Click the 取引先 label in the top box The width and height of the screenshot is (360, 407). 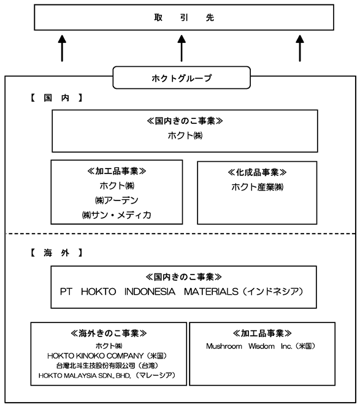[184, 17]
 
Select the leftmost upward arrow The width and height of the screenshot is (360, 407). [62, 48]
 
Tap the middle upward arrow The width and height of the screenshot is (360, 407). [182, 48]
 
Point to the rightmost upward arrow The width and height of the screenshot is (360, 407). [300, 48]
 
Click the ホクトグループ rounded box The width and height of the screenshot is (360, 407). [182, 78]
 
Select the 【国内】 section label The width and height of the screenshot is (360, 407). [56, 98]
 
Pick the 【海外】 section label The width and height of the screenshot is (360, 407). [56, 253]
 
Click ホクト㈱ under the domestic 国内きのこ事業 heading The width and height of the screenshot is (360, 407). [185, 135]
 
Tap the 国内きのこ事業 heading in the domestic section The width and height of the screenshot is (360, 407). [185, 121]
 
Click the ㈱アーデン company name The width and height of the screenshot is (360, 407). [117, 200]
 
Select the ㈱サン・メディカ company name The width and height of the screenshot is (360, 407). [117, 215]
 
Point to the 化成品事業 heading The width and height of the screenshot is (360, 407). [257, 172]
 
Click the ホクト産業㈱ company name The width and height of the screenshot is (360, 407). [257, 187]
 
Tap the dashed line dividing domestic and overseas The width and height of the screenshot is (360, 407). [180, 234]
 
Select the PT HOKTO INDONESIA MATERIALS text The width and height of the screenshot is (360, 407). [149, 292]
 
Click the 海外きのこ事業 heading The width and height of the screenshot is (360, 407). [109, 333]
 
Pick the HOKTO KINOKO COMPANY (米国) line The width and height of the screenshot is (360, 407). [107, 356]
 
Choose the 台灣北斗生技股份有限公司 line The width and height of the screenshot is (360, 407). [107, 365]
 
